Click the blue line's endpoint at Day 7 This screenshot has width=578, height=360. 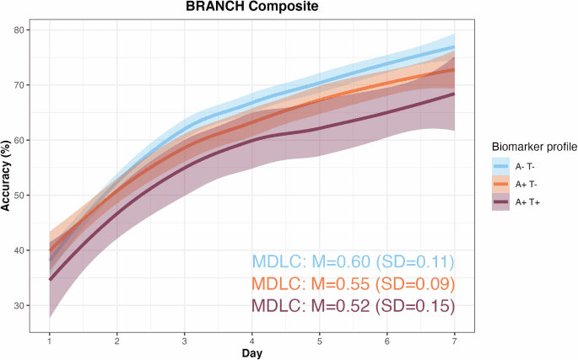(454, 47)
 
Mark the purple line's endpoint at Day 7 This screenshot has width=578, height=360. (454, 94)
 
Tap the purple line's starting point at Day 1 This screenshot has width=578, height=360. (50, 279)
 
